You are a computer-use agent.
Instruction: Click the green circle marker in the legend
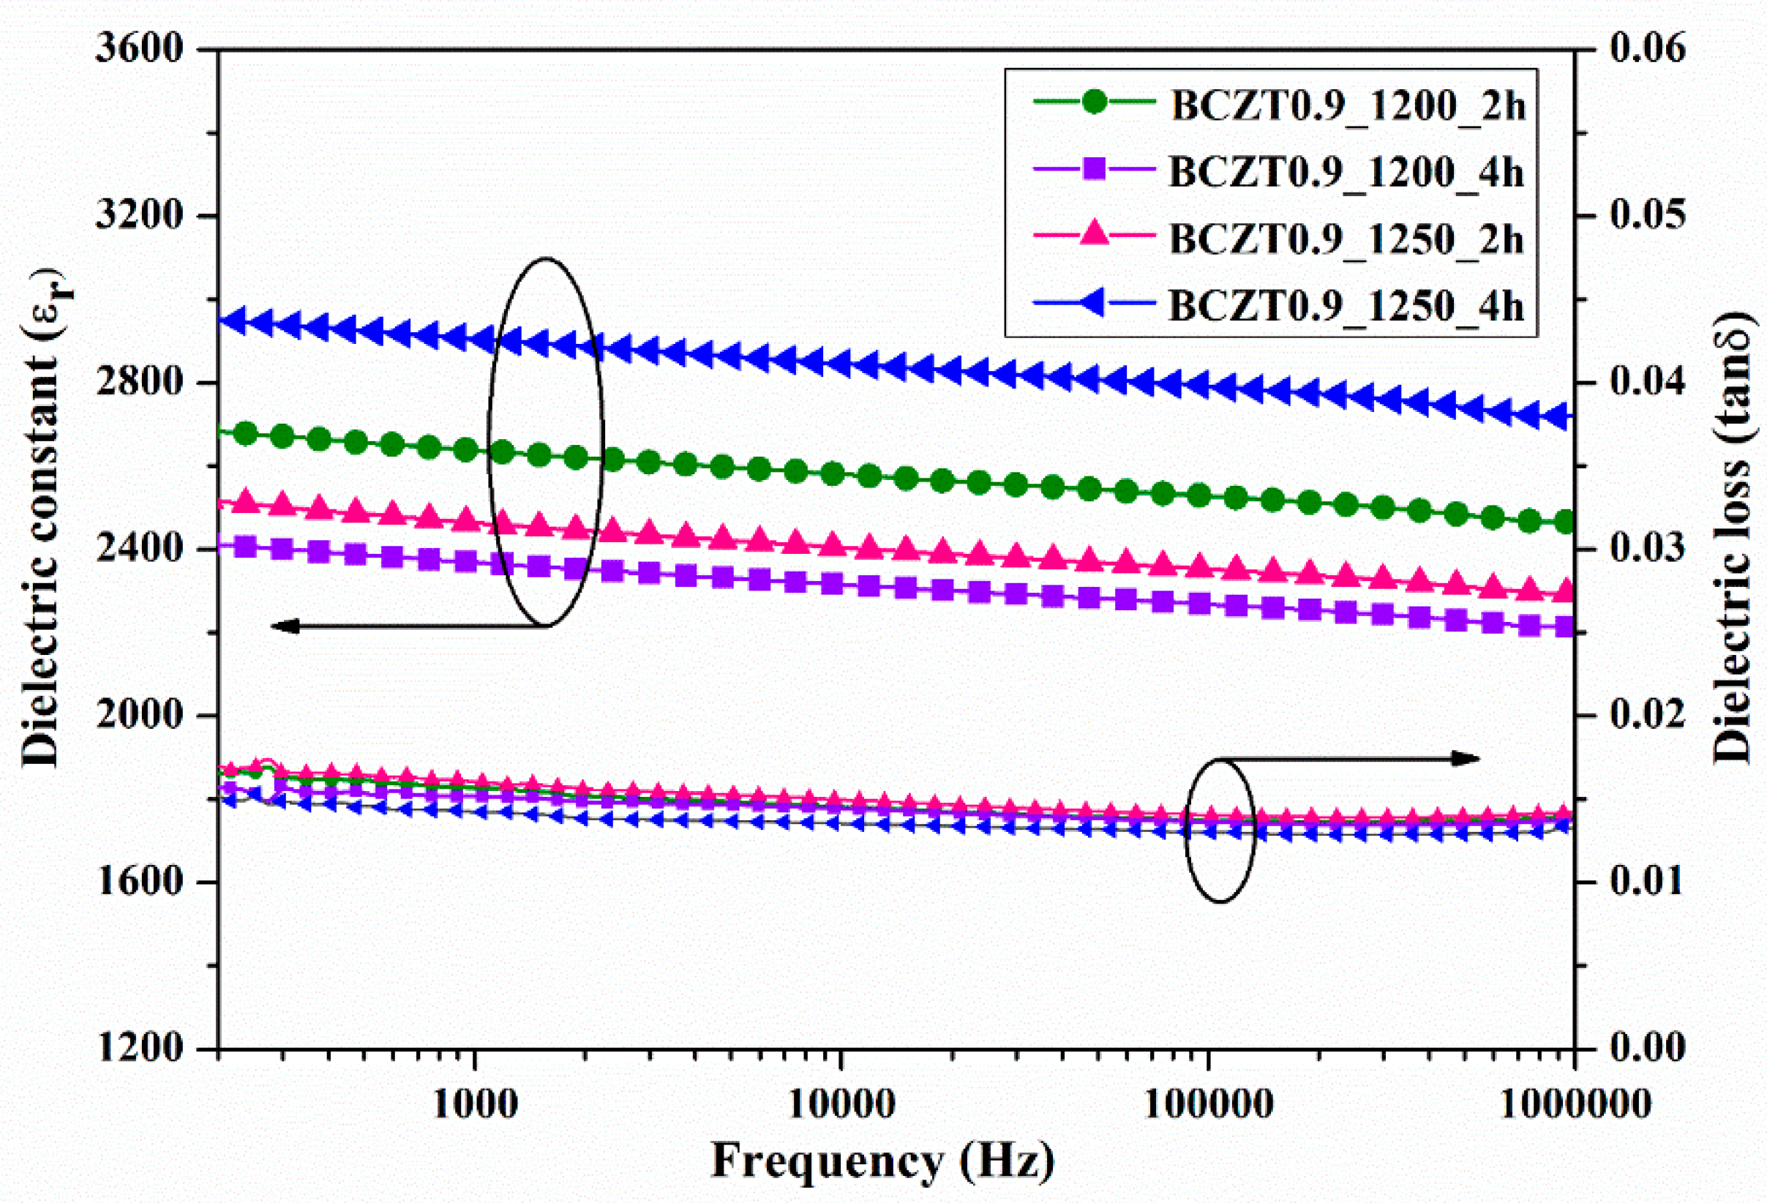(x=1094, y=102)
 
